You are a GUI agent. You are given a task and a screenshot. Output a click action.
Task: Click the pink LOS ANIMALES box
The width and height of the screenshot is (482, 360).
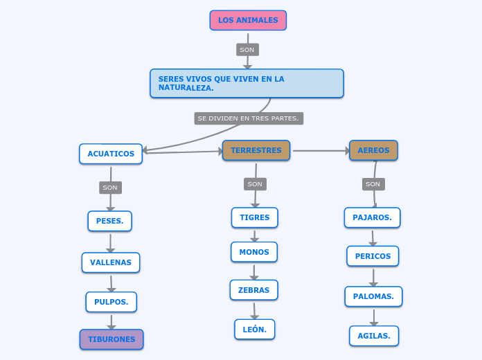point(248,20)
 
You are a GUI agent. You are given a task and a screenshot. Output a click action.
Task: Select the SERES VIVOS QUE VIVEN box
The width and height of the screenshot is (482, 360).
point(247,83)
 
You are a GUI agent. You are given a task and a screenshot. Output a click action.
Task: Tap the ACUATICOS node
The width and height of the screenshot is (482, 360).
point(111,154)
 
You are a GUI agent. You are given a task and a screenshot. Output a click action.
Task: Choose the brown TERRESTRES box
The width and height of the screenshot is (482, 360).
point(256,150)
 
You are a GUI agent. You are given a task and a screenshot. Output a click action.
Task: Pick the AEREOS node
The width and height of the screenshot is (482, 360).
point(373,150)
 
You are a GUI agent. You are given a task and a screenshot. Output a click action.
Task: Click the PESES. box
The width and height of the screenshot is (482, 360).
point(109,221)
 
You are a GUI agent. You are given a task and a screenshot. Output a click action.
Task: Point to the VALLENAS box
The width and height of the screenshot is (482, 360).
point(111,262)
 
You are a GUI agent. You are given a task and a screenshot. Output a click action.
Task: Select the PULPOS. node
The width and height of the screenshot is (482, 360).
point(111,302)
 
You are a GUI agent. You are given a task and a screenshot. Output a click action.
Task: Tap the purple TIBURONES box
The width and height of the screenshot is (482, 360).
point(111,339)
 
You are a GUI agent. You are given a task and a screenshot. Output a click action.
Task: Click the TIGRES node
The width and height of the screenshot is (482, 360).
point(254,217)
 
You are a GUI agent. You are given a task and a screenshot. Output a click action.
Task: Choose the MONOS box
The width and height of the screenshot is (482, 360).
point(254,252)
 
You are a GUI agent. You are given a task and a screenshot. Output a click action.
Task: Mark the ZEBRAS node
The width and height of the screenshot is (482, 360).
point(253,290)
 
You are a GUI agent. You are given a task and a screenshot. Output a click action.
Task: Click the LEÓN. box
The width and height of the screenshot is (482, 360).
point(254,330)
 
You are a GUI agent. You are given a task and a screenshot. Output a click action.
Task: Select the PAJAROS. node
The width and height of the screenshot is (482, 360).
point(372,217)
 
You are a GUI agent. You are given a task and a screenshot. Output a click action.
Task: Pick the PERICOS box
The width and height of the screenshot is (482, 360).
point(373,256)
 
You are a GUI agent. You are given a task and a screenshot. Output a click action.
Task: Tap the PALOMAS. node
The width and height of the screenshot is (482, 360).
point(373,296)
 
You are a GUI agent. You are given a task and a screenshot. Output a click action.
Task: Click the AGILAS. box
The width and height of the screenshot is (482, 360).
point(374,336)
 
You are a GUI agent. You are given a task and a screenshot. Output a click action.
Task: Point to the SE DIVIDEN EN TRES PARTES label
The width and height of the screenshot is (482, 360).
point(248,118)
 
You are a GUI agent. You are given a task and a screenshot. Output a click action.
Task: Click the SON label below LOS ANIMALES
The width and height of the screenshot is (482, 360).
point(247,50)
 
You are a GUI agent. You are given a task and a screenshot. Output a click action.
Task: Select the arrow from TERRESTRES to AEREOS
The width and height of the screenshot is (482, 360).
point(320,150)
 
